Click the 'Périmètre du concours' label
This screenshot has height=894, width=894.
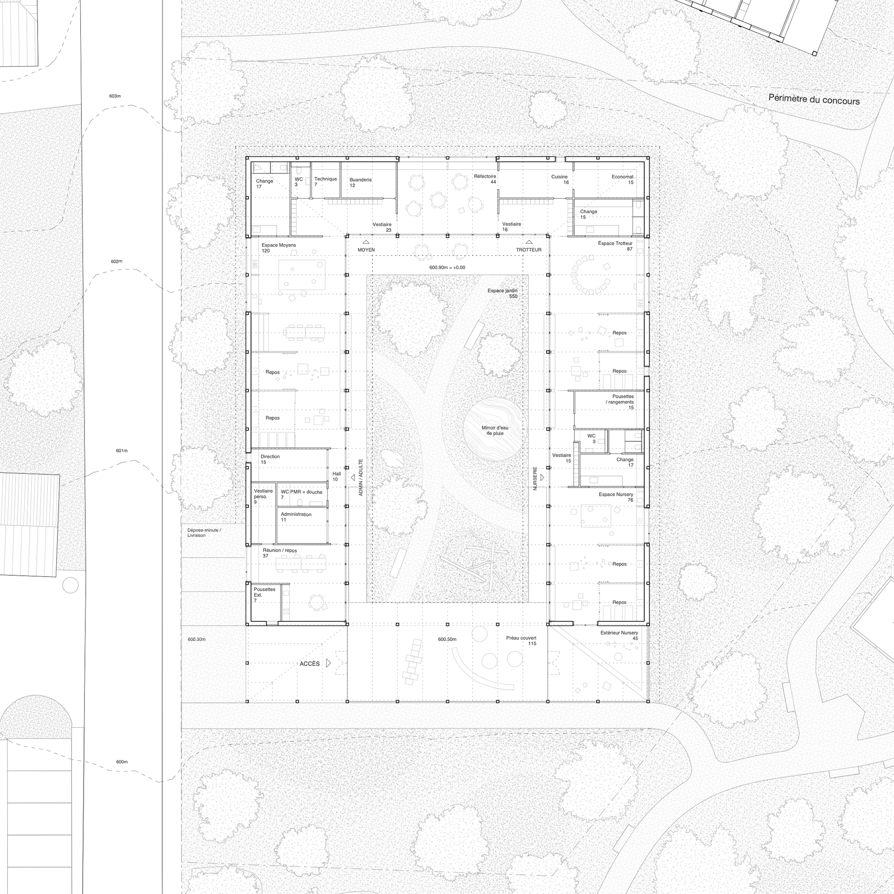(814, 100)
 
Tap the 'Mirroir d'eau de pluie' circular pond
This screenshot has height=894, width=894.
(495, 430)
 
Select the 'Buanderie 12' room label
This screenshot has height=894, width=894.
(360, 182)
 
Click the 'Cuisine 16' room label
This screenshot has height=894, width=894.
(560, 180)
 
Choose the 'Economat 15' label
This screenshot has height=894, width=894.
(622, 180)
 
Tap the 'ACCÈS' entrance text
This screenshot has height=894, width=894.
(310, 663)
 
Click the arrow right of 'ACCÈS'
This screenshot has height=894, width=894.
(329, 663)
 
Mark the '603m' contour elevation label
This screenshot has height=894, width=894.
(115, 96)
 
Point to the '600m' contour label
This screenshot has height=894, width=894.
(122, 762)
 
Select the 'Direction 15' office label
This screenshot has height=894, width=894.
(270, 459)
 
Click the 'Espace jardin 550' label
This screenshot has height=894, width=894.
(502, 293)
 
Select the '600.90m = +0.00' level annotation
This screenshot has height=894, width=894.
(447, 267)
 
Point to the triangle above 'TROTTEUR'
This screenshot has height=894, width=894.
(528, 241)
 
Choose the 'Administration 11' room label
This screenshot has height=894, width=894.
(296, 517)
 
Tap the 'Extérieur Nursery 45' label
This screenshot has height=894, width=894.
(619, 635)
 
